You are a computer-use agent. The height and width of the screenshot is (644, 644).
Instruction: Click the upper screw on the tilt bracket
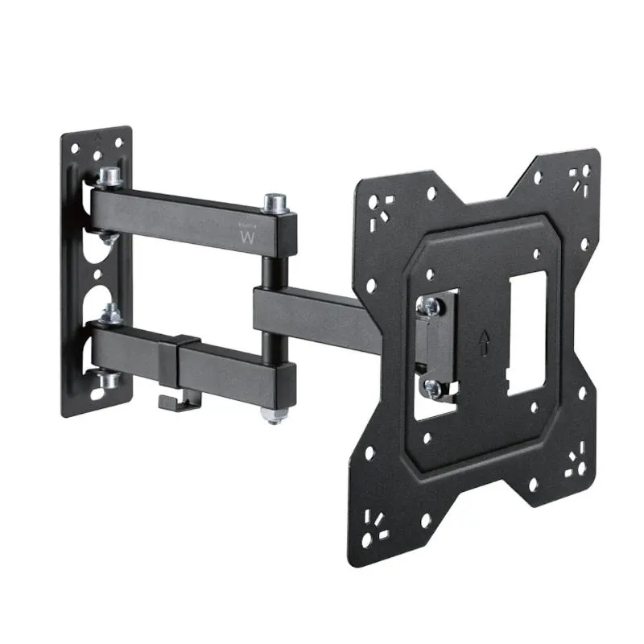pos(429,303)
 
